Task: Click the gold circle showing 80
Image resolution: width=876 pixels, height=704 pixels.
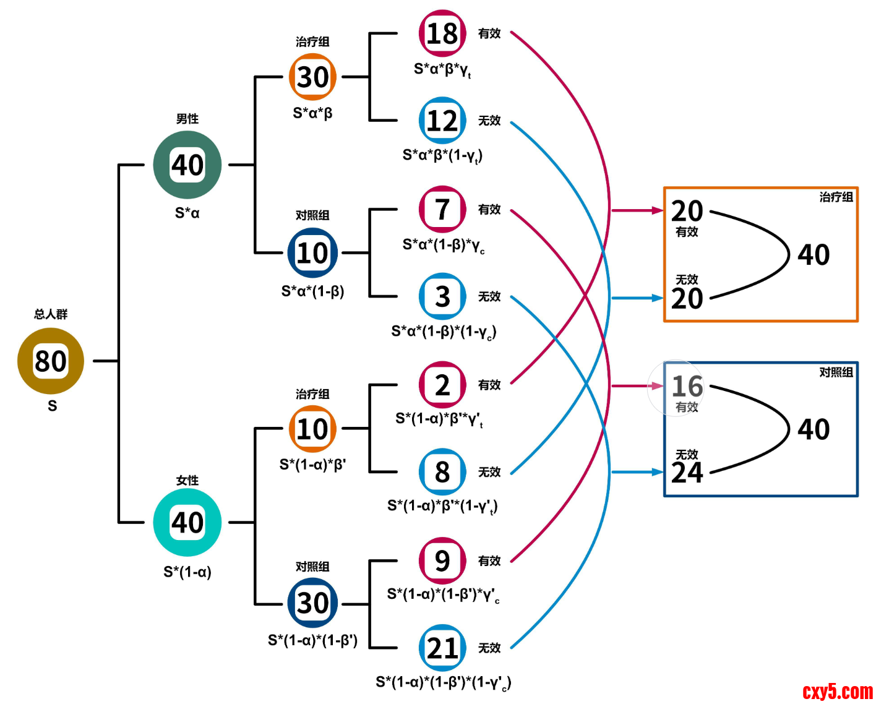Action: click(51, 361)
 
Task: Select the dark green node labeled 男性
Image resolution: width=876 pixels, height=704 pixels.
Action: click(187, 165)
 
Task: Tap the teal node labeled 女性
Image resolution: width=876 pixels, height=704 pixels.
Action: click(187, 523)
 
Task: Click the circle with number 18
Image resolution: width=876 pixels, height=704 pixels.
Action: click(442, 33)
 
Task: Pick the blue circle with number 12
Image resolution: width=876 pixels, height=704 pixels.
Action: click(442, 121)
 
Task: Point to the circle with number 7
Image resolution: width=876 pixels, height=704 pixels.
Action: click(442, 209)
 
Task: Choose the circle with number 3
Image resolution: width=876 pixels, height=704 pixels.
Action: click(442, 296)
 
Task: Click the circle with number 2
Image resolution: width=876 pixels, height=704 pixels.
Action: click(442, 385)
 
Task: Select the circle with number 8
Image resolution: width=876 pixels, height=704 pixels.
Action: click(442, 472)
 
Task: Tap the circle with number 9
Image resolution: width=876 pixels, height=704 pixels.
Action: click(442, 560)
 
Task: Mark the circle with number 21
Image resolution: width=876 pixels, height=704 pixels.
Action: click(442, 648)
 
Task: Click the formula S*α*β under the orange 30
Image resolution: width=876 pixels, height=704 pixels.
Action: click(312, 113)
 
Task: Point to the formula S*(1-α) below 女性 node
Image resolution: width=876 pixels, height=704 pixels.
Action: click(187, 572)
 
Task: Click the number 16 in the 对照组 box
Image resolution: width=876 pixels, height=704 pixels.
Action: click(687, 387)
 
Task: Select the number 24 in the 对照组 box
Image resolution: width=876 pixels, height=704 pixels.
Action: click(687, 473)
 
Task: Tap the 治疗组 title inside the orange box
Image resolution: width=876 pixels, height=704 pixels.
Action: click(836, 197)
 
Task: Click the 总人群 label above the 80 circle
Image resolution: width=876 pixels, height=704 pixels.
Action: click(51, 314)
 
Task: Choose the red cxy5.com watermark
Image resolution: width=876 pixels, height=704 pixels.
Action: click(837, 691)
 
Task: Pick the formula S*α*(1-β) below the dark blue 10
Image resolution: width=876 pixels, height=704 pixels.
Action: click(312, 291)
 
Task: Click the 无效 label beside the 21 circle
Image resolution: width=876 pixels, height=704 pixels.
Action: click(489, 648)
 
